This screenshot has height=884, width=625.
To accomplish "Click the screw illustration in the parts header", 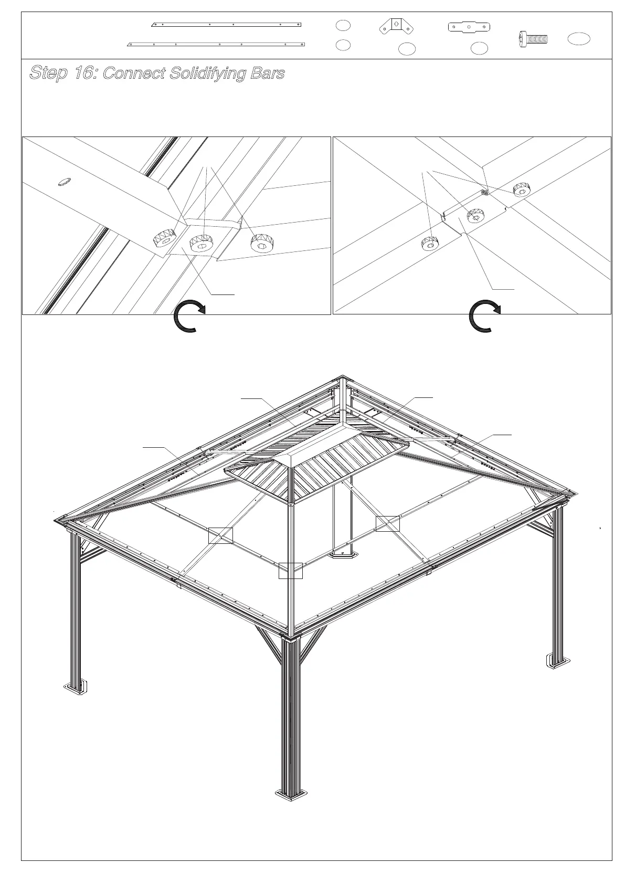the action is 533,39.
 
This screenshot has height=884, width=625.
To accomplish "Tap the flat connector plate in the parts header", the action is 469,26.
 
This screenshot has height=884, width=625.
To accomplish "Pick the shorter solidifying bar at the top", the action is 226,24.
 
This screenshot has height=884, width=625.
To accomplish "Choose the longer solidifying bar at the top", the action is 217,44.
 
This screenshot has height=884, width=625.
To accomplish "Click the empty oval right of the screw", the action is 579,38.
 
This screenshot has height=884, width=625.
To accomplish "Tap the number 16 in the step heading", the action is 84,73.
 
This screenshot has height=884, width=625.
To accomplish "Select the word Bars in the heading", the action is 267,73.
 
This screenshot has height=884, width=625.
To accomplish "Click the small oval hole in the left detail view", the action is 65,182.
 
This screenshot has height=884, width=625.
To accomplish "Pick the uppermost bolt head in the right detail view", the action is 521,189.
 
